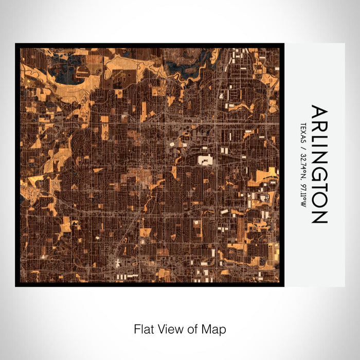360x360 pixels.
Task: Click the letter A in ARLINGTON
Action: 319,112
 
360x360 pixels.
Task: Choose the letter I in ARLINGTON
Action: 319,149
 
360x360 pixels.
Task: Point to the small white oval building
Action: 172,145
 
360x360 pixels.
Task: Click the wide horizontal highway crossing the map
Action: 149,123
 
